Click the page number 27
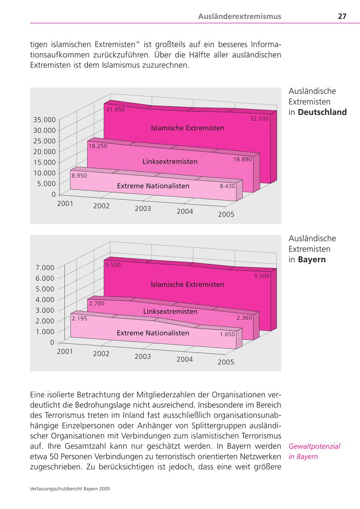tap(342, 16)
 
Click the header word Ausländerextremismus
tap(240, 16)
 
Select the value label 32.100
tap(259, 118)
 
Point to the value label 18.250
tap(98, 146)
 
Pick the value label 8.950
tap(79, 175)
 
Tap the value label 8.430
tap(227, 186)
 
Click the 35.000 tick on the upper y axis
tap(44, 119)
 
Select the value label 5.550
tap(113, 265)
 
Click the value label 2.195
tap(79, 319)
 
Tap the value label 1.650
tap(227, 334)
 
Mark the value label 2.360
tap(244, 318)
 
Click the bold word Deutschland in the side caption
tap(322, 112)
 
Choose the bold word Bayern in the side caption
tap(312, 260)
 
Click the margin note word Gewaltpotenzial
tap(314, 446)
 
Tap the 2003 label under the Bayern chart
tap(143, 357)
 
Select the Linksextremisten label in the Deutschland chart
tap(170, 162)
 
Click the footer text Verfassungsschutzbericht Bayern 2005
tap(70, 489)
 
